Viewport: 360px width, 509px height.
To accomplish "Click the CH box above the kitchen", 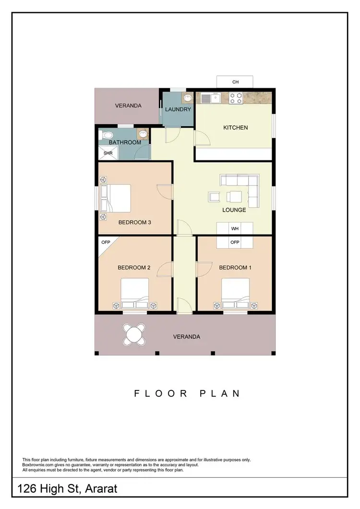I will (235, 82).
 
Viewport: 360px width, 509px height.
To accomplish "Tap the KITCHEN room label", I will (235, 128).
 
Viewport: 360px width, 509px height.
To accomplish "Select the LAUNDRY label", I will (178, 110).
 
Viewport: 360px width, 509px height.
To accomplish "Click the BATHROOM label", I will (125, 142).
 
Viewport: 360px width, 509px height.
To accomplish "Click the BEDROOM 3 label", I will (135, 222).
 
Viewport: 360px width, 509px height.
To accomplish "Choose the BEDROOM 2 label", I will (134, 268).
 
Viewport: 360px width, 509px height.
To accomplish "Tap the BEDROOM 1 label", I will (235, 268).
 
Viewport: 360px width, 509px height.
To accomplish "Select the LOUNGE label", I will (234, 210).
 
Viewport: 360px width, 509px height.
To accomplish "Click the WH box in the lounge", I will (235, 229).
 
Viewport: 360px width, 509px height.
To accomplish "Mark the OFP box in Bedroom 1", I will (235, 242).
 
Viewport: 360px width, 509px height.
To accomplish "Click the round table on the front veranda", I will (134, 334).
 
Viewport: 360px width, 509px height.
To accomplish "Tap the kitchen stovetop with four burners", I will (236, 98).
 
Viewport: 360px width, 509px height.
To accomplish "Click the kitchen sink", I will (210, 98).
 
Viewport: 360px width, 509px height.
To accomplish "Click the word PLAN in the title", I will (219, 394).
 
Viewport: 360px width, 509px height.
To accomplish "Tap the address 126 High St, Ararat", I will (67, 490).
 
